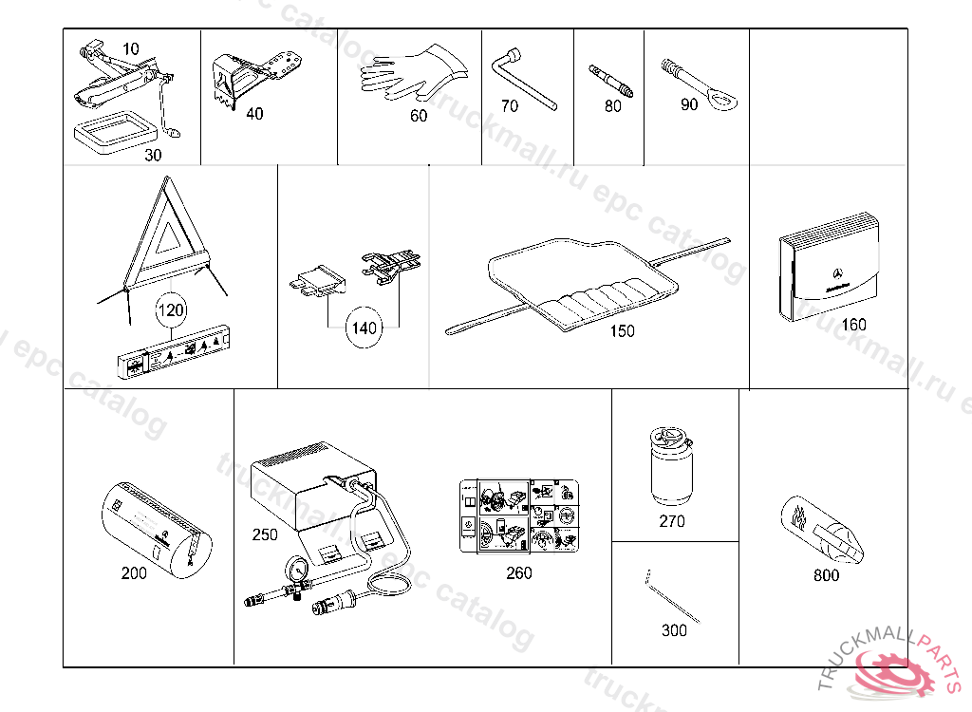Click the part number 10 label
(130, 47)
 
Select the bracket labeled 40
(248, 76)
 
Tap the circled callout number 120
(172, 309)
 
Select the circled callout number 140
(364, 328)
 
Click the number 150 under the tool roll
(623, 331)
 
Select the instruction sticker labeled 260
(518, 514)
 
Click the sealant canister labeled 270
(671, 466)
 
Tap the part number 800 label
(827, 575)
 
